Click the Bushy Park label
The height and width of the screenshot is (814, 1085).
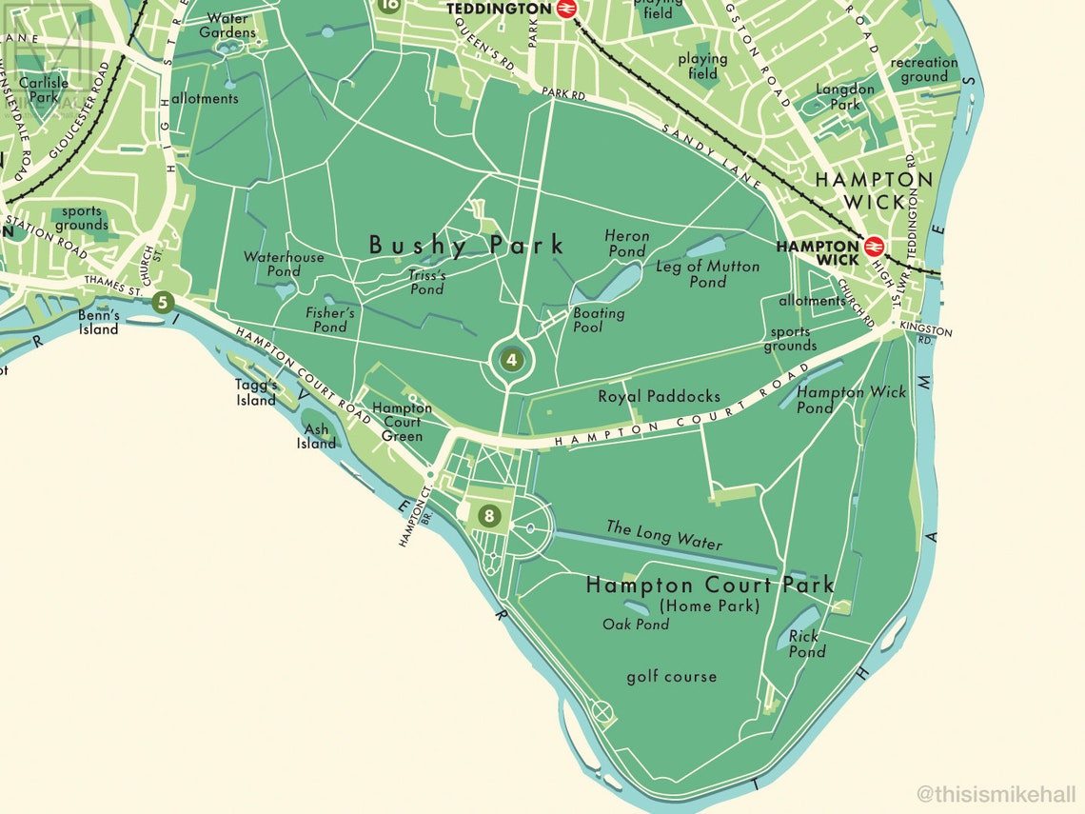tap(466, 246)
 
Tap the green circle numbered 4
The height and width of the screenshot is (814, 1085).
tap(512, 360)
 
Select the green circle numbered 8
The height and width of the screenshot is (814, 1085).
tap(489, 516)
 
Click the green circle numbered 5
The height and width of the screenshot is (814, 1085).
tap(163, 304)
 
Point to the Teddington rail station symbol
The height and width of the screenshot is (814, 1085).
tap(566, 9)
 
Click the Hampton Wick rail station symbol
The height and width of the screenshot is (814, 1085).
tap(874, 247)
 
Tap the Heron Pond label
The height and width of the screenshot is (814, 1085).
tap(626, 244)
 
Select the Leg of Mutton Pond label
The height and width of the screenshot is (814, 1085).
tap(708, 274)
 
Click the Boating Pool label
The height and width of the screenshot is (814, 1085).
tap(600, 320)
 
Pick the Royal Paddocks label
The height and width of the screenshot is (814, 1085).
tap(659, 396)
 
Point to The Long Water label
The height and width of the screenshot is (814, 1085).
tap(664, 535)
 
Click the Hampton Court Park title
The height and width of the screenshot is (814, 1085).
tap(710, 585)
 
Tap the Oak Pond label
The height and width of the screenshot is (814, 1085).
tap(636, 625)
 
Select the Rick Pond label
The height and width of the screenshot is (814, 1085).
tap(805, 645)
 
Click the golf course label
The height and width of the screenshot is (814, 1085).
tap(671, 677)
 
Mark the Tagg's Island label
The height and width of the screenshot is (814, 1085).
tap(256, 392)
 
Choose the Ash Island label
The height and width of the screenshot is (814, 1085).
tap(316, 436)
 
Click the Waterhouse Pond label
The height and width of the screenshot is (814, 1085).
tap(284, 264)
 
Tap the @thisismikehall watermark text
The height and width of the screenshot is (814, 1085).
tap(996, 793)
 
